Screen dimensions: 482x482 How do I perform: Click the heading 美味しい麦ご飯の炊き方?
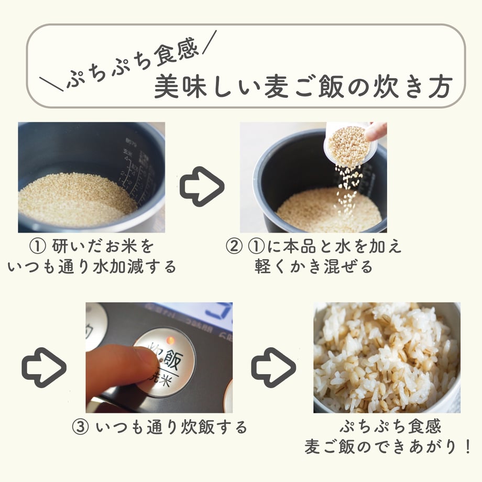[x=303, y=86]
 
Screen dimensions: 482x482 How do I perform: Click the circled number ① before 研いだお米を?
[x=38, y=246]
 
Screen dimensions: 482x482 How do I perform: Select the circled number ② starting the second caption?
[x=234, y=246]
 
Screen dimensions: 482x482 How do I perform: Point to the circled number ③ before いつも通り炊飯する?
[x=80, y=428]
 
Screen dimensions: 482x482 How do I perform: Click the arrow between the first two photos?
[x=202, y=187]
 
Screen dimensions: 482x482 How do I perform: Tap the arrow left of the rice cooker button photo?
[x=44, y=367]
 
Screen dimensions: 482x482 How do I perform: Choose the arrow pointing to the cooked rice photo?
[x=273, y=367]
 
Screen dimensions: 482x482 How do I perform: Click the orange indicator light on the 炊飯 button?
[x=170, y=341]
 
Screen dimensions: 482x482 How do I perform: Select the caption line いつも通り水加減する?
[x=92, y=267]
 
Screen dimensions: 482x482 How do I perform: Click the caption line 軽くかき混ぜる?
[x=313, y=267]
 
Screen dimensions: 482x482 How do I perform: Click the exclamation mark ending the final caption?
[x=467, y=446]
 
